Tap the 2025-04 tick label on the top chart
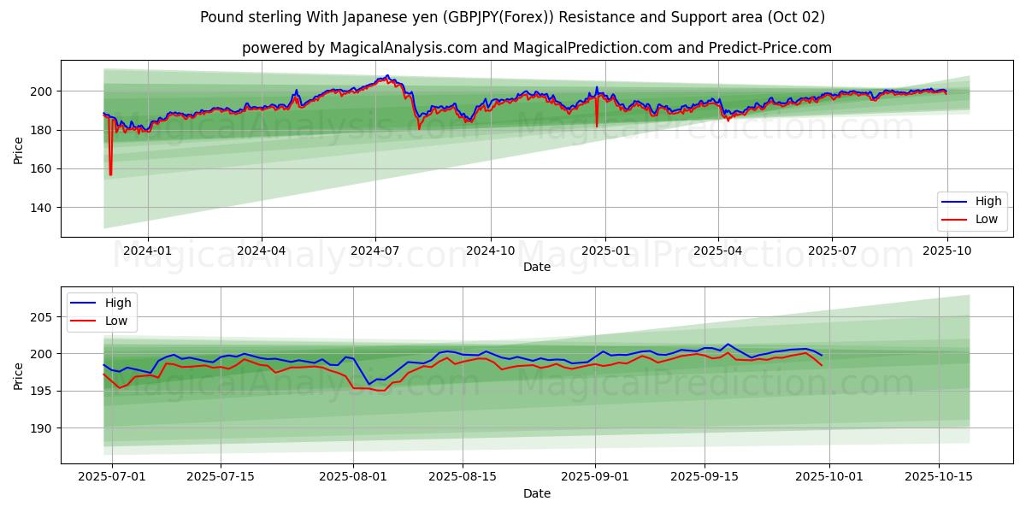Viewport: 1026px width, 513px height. (x=717, y=251)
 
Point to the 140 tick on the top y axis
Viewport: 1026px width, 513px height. (x=44, y=208)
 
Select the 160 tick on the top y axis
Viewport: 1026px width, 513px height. (x=44, y=169)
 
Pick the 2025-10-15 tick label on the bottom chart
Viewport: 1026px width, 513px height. (x=939, y=477)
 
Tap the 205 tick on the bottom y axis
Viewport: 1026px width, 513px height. (x=44, y=317)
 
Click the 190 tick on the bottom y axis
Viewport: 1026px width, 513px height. (x=44, y=428)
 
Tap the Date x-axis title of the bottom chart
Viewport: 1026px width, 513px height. (x=536, y=493)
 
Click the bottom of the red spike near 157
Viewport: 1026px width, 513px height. (x=110, y=175)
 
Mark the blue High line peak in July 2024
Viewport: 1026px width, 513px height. (x=386, y=75)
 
